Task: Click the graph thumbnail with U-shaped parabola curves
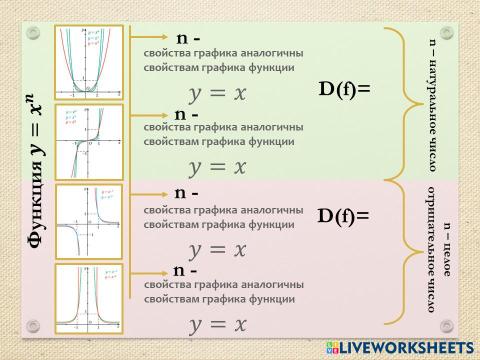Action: [85, 62]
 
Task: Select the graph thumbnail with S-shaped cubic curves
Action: [85, 141]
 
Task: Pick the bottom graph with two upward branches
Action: [85, 297]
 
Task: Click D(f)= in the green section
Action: [344, 89]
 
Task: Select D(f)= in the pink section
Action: [344, 215]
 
